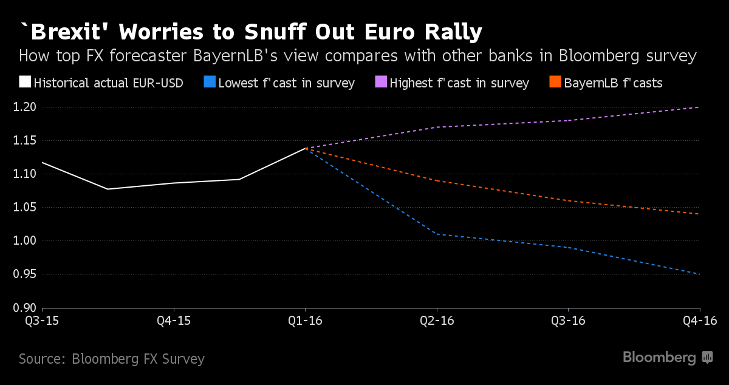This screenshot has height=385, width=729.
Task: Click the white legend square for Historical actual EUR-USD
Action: pos(25,82)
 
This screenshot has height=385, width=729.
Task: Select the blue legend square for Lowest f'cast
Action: pos(208,82)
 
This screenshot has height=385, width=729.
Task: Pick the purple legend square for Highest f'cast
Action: pos(381,82)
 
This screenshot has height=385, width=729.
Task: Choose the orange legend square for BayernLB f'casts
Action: pos(555,82)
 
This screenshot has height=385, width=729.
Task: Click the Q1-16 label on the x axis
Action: pos(305,320)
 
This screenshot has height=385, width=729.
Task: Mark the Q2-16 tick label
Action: pos(436,320)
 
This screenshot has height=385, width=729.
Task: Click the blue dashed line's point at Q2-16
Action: pos(437,234)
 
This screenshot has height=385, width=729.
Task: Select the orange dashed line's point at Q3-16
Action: pos(568,200)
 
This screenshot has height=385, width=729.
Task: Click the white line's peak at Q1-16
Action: pos(305,148)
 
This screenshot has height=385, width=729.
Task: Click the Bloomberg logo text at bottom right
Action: pos(659,358)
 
